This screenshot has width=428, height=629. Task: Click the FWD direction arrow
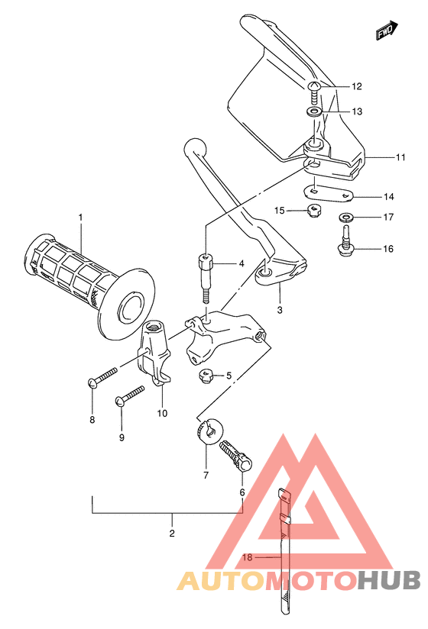coord(387,31)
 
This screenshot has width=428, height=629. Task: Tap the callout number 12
coord(356,86)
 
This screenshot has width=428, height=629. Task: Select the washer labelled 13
coord(314,111)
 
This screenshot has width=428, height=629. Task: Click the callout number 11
coord(400,157)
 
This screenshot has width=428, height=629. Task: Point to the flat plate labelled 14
coord(328,193)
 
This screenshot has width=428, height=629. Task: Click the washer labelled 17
coord(345,218)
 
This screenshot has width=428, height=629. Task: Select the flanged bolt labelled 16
coord(345,242)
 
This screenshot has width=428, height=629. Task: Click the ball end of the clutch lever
coord(195,147)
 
